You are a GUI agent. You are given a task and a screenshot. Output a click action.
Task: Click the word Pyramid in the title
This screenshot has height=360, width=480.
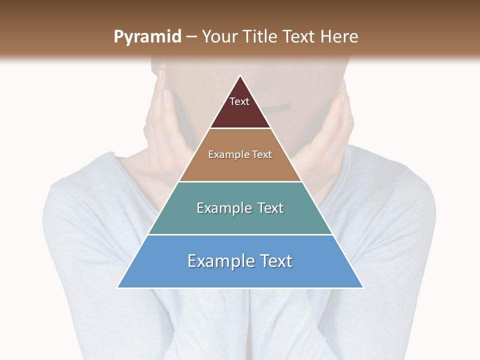tap(147, 36)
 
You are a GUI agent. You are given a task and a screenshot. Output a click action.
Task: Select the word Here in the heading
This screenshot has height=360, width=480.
tap(339, 36)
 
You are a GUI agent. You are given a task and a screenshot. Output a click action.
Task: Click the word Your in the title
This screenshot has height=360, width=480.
tap(219, 36)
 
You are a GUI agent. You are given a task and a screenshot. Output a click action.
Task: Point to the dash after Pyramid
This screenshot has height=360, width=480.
tap(191, 37)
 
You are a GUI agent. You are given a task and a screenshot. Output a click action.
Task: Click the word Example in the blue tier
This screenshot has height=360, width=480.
tap(220, 261)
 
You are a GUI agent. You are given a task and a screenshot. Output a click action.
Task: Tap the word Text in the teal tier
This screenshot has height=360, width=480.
tap(270, 208)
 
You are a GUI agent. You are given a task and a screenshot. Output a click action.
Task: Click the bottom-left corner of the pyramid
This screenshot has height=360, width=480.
tap(118, 287)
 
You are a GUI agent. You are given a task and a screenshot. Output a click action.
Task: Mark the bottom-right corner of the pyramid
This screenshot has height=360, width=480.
tap(363, 287)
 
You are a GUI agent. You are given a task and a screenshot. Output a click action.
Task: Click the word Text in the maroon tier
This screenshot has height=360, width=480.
tap(239, 101)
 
